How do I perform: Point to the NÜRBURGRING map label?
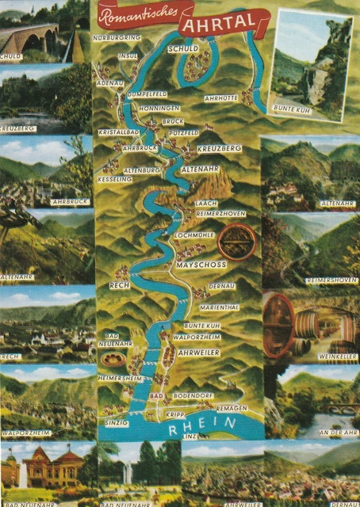tap(116, 37)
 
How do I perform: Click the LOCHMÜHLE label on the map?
tap(194, 236)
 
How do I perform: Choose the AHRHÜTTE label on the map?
tap(221, 98)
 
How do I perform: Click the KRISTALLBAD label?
tap(119, 132)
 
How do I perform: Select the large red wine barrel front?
tap(278, 325)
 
